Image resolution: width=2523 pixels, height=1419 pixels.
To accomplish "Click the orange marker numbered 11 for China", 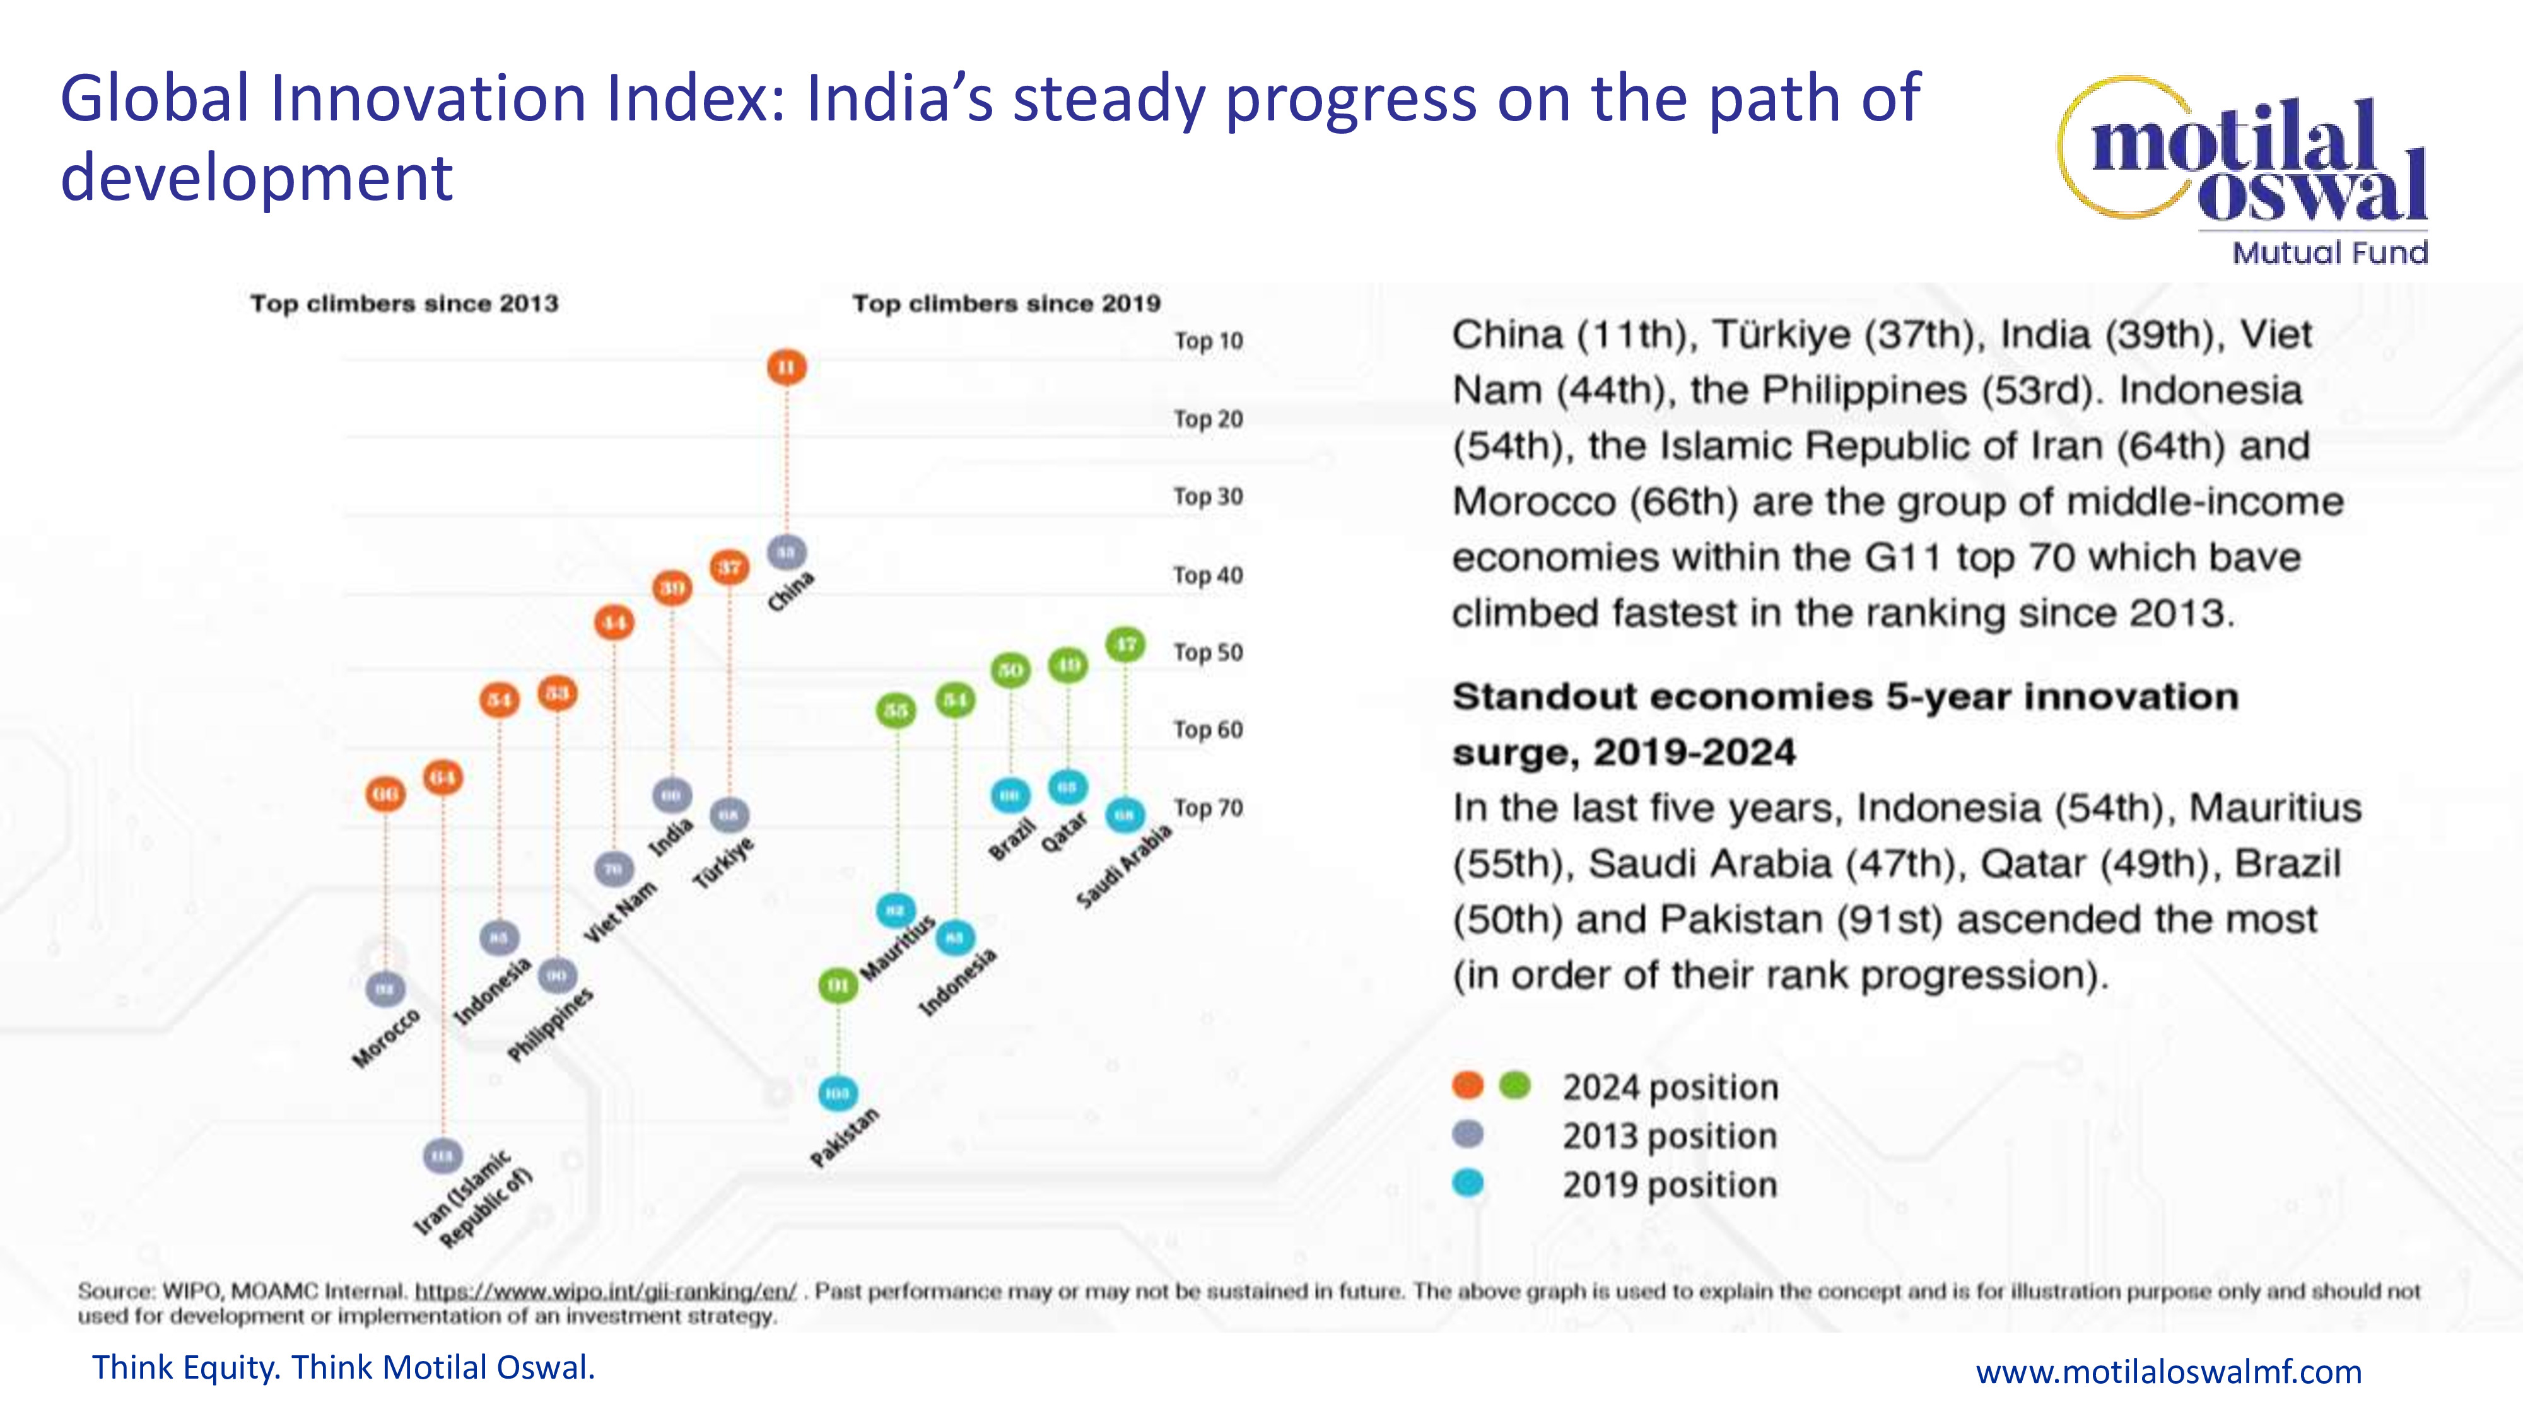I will click(787, 367).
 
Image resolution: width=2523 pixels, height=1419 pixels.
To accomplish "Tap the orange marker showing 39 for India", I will click(672, 588).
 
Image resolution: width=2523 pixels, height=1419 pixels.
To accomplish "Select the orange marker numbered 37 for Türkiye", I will click(730, 567).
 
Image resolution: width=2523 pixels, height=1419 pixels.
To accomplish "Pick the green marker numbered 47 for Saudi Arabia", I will click(1125, 645).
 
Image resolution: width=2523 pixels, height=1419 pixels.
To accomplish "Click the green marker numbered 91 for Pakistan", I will click(838, 984).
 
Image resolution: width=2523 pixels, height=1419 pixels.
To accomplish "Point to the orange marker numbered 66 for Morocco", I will click(385, 793).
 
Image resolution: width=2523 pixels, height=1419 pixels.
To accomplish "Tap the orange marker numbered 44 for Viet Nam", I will click(614, 622).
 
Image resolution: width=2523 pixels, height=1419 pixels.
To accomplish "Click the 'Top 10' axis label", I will click(1209, 341).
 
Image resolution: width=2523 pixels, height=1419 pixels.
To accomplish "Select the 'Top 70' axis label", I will click(1209, 808).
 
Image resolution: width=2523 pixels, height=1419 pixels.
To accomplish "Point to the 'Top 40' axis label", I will click(1209, 575).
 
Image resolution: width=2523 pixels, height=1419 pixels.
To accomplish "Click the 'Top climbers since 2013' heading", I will click(404, 303).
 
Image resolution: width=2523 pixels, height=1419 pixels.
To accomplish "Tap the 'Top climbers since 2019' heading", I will click(1006, 303).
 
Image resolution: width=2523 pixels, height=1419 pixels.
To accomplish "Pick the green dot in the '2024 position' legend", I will click(1515, 1085).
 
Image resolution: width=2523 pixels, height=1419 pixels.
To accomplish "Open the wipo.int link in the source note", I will click(606, 1292).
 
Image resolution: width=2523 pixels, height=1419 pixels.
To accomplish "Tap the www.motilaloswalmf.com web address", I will click(2169, 1371).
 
